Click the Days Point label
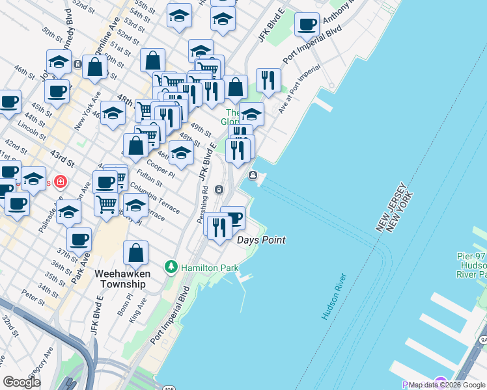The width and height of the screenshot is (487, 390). [x=261, y=240]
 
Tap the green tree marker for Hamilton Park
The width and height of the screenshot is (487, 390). [x=171, y=267]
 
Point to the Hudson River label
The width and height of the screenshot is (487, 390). [x=334, y=296]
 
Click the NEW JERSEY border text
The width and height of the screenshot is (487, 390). [x=389, y=207]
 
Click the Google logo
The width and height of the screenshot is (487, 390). [x=22, y=382]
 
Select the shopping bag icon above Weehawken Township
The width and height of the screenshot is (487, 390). [x=135, y=253]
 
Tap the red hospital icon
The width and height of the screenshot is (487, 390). [x=60, y=181]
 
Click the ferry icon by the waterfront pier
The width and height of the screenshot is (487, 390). [x=253, y=175]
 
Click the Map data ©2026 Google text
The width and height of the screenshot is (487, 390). [x=447, y=385]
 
